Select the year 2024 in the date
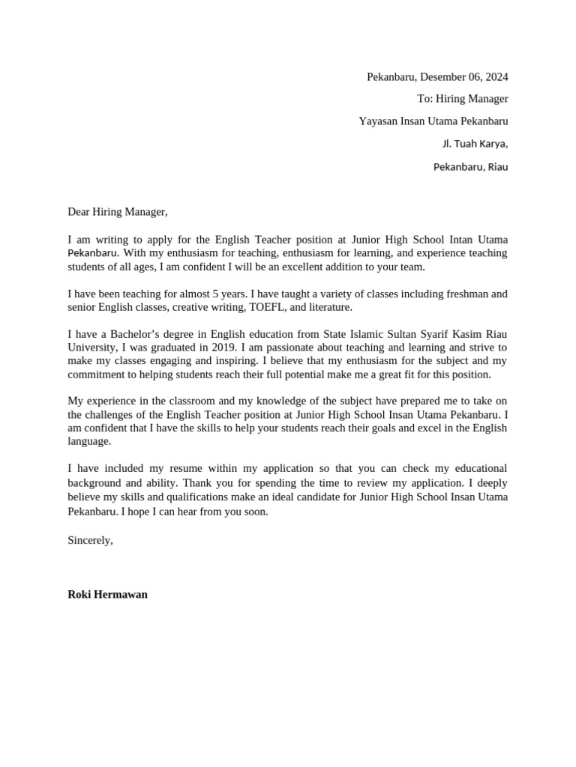[x=496, y=76]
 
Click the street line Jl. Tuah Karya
[x=475, y=144]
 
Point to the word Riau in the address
[x=497, y=167]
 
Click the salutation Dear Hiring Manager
[x=118, y=212]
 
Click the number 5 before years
[x=237, y=294]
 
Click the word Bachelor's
[x=124, y=334]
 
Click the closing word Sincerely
[x=90, y=540]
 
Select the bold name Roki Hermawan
[x=107, y=595]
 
